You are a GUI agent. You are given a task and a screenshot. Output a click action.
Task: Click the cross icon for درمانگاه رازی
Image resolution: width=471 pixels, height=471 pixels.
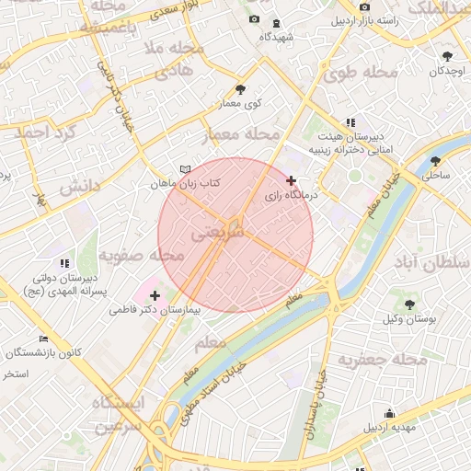pyautogui.click(x=292, y=180)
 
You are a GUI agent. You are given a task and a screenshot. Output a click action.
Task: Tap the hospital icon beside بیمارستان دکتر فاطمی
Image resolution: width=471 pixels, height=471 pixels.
pyautogui.click(x=155, y=296)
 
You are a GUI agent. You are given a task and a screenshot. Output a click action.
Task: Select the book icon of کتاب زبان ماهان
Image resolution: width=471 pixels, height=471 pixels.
pyautogui.click(x=187, y=169)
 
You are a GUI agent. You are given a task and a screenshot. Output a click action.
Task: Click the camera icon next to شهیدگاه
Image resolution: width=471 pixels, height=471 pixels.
pyautogui.click(x=255, y=19)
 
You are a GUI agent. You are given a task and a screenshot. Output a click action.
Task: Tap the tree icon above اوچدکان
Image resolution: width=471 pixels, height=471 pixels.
pyautogui.click(x=447, y=55)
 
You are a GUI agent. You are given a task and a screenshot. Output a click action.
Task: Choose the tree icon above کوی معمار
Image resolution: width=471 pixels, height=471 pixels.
pyautogui.click(x=241, y=89)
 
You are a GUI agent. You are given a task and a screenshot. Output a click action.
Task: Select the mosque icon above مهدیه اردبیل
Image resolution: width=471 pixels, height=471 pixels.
pyautogui.click(x=390, y=413)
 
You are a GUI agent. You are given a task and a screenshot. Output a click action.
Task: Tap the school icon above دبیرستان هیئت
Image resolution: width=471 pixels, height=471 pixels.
pyautogui.click(x=350, y=121)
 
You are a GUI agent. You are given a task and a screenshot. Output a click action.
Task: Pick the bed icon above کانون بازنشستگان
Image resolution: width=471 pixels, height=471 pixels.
pyautogui.click(x=43, y=339)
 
